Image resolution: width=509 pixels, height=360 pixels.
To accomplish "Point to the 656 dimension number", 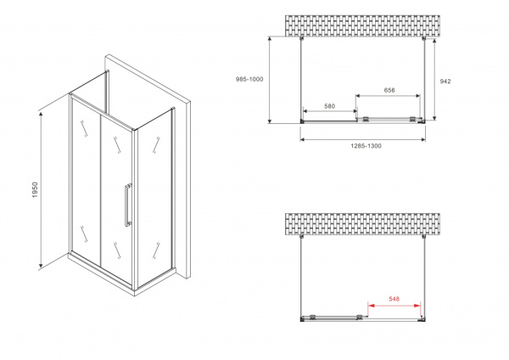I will [389, 90].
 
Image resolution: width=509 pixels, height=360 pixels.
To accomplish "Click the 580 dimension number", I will [329, 106].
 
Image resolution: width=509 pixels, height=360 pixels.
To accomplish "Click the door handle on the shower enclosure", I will [127, 205].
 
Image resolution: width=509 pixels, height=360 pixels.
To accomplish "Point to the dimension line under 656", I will [389, 96].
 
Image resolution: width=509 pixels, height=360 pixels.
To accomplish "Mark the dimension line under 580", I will [329, 112].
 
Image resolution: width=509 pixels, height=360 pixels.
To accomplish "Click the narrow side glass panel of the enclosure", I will [158, 191].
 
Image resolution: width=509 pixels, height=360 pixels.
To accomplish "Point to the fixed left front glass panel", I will [85, 183].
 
